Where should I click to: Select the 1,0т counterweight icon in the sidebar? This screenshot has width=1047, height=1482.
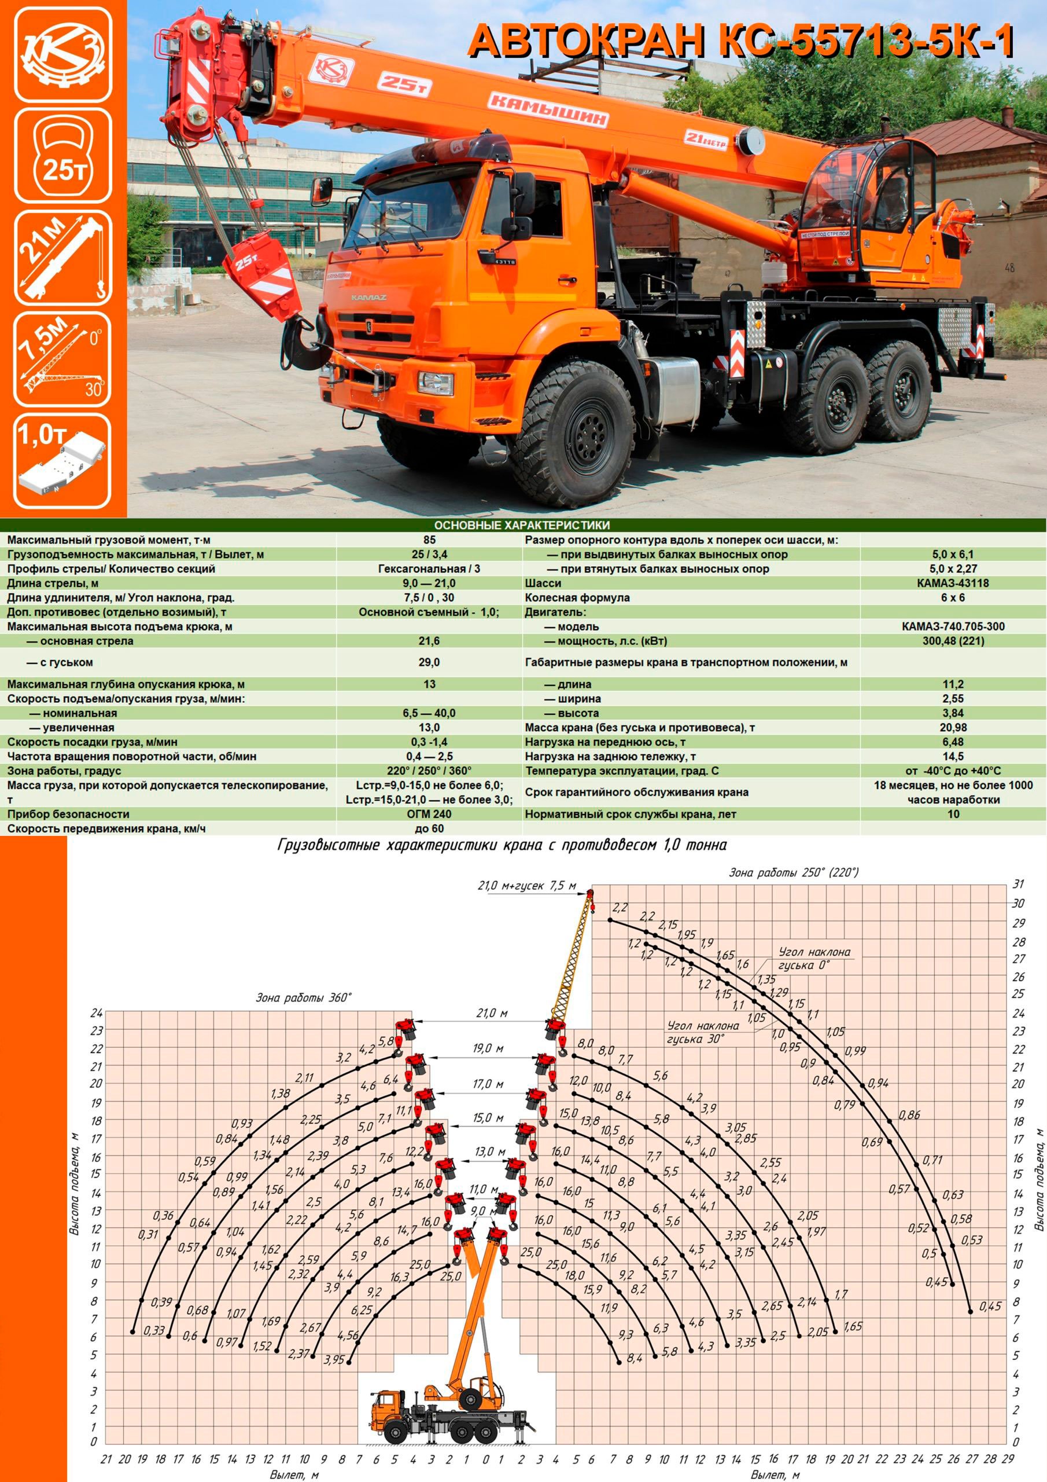tap(62, 461)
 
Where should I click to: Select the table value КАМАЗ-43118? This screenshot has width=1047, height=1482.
tap(953, 583)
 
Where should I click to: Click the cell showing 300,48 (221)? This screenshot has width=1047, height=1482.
tap(953, 641)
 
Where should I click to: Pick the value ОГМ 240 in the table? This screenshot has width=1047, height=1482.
tap(429, 814)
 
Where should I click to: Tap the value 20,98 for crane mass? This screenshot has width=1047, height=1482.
tap(953, 728)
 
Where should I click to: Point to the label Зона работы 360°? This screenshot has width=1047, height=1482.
tap(303, 998)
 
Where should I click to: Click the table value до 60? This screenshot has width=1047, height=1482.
tap(429, 828)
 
